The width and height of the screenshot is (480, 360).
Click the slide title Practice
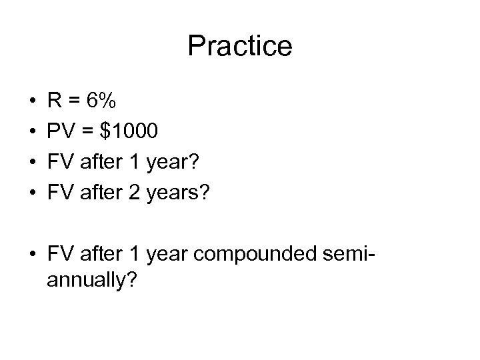pyautogui.click(x=240, y=46)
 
